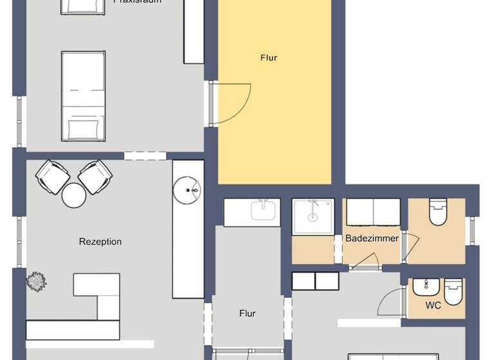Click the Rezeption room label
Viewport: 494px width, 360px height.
click(x=100, y=242)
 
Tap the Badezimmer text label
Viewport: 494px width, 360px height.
click(x=372, y=238)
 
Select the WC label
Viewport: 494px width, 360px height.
click(x=434, y=305)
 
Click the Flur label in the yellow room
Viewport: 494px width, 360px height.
click(x=269, y=58)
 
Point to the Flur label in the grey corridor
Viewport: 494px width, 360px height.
click(x=248, y=314)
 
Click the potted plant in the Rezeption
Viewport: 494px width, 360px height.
click(x=35, y=280)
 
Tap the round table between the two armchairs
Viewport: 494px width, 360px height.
click(x=74, y=195)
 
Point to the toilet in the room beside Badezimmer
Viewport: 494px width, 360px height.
click(x=438, y=212)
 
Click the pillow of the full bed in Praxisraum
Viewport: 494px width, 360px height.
click(x=83, y=127)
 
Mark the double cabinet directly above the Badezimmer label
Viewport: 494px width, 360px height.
click(x=373, y=212)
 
